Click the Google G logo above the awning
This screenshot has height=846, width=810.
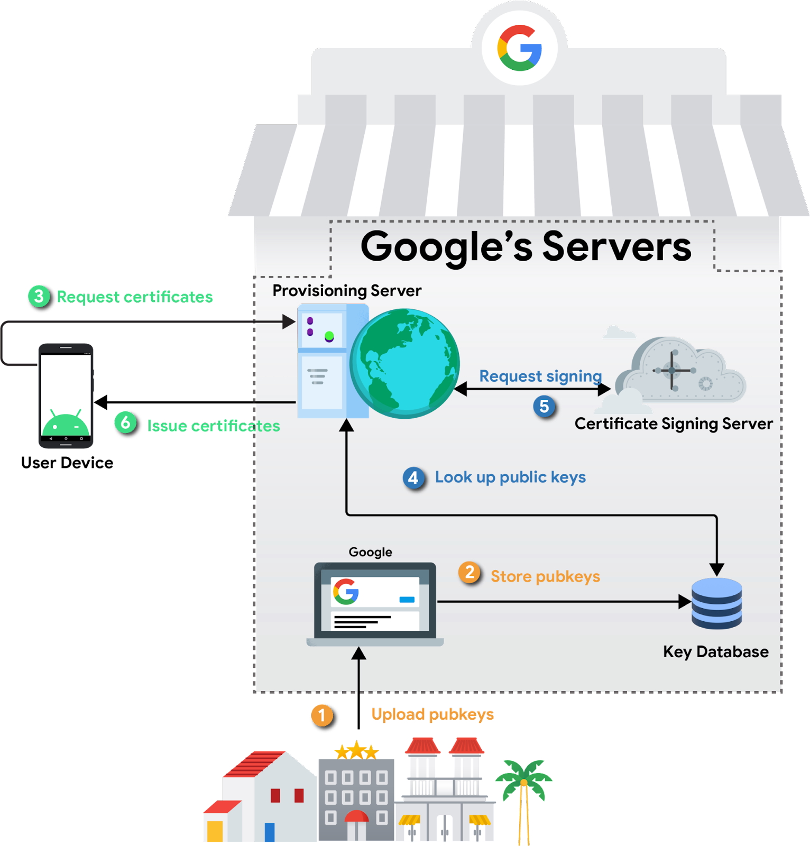click(519, 48)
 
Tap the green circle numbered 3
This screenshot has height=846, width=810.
click(39, 297)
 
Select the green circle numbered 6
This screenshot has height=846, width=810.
click(126, 422)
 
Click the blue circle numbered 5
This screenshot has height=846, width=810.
click(544, 407)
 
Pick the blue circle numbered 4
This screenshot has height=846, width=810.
click(413, 478)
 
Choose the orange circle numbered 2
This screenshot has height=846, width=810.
click(470, 573)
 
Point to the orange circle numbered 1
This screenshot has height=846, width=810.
click(322, 716)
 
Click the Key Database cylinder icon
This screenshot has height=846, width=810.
click(717, 603)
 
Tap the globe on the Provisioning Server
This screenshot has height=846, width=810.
click(404, 363)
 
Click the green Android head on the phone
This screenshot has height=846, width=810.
click(66, 424)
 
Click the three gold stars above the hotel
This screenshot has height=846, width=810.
click(356, 751)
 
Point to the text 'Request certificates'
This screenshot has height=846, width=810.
click(135, 297)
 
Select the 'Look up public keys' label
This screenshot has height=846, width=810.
click(510, 477)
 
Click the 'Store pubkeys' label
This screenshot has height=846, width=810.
click(545, 576)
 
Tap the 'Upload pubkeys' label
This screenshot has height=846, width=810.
click(432, 714)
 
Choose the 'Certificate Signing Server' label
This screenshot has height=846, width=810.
click(674, 424)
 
